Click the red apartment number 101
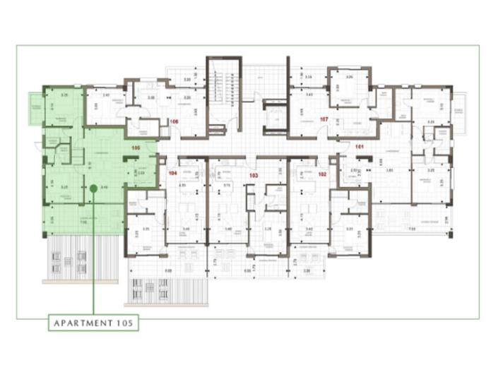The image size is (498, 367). pos(359,147)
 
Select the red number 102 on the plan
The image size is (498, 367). pos(322,174)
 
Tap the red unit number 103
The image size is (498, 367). pos(252,174)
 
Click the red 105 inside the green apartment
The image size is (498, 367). pos(136,148)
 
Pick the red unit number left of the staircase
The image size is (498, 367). pos(174,121)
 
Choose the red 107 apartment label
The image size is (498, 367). pos(324,119)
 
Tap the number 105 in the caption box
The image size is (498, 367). pos(122,323)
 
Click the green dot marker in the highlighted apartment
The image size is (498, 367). pos(93,188)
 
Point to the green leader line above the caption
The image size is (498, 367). pos(93,261)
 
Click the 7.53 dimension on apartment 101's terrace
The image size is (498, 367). pos(413,229)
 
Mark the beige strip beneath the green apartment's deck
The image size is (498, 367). pos(79,282)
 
